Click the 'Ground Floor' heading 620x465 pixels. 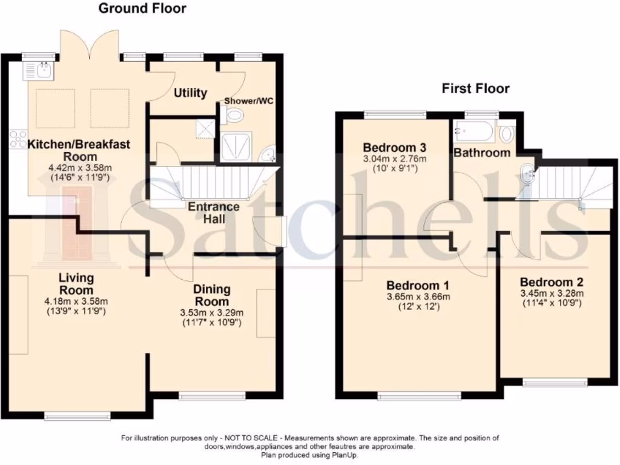click(142, 8)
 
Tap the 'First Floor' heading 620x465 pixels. click(475, 89)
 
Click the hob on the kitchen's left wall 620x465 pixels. click(17, 140)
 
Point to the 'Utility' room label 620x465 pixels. click(190, 93)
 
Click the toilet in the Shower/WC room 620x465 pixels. click(235, 115)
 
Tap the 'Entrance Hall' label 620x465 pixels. click(213, 212)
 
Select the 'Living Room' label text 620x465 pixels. click(76, 283)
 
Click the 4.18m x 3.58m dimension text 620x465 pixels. click(76, 301)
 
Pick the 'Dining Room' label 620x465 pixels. click(211, 295)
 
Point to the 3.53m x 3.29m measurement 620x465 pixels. click(211, 312)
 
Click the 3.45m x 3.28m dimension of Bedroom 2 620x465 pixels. click(551, 293)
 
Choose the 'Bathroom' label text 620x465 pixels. click(482, 153)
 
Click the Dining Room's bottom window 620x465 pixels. click(212, 396)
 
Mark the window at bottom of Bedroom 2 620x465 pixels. click(555, 382)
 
